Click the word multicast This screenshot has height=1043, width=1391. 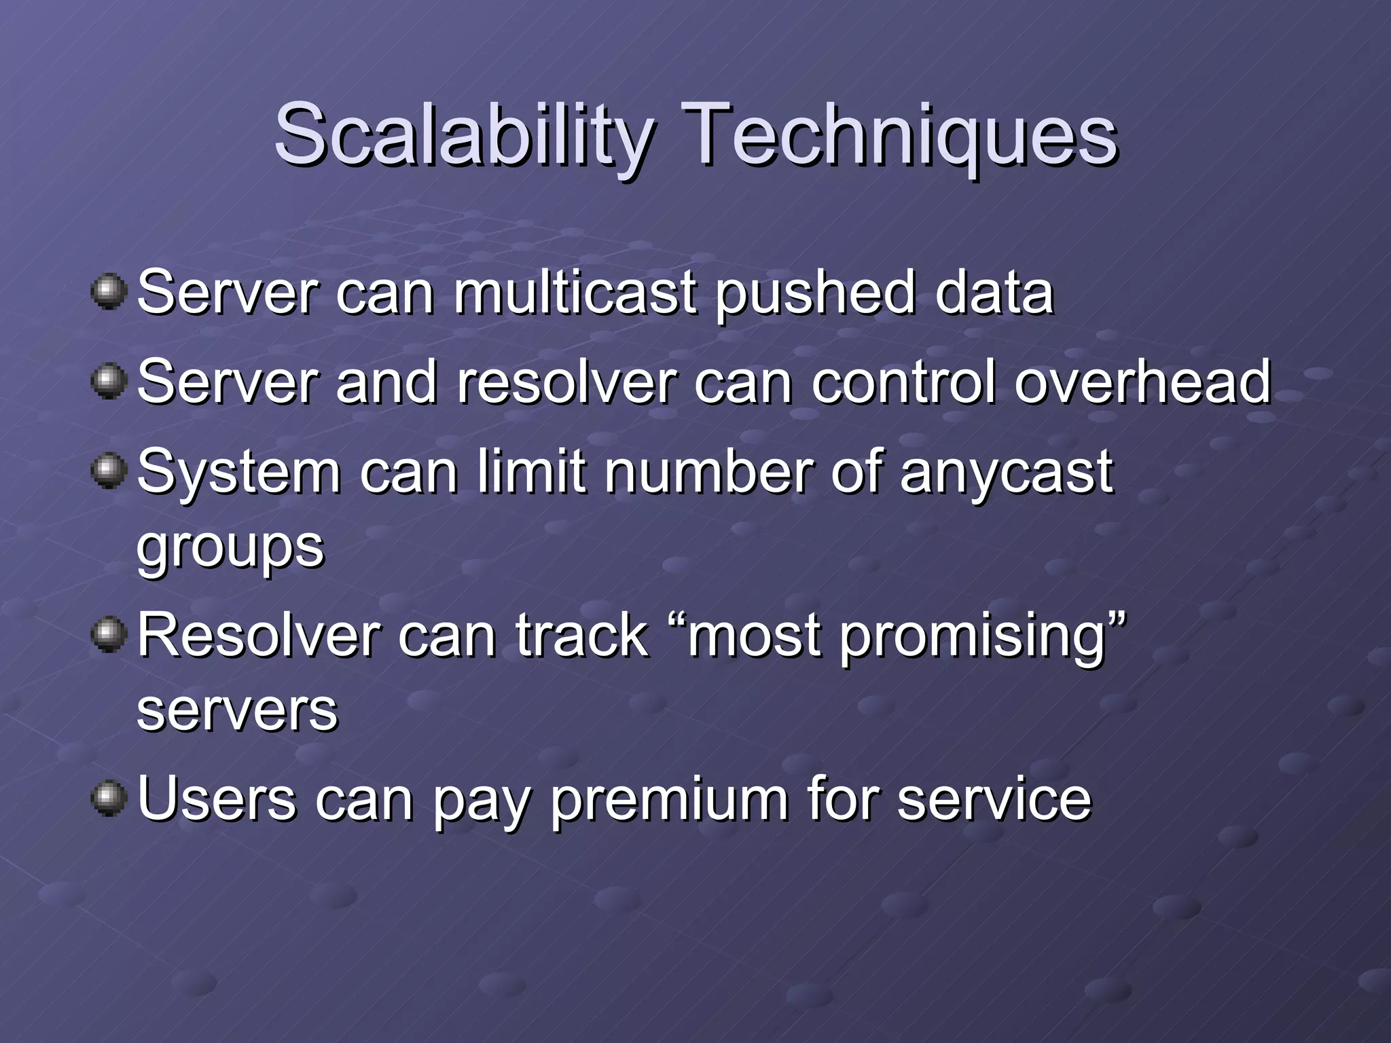(x=575, y=293)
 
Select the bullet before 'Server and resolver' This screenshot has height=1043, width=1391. (x=109, y=382)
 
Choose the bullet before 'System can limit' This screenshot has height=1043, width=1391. (x=109, y=471)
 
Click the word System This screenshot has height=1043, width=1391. (x=238, y=473)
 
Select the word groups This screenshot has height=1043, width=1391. (x=230, y=549)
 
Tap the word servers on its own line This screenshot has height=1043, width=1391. (x=237, y=710)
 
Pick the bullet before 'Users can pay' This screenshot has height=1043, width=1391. (x=109, y=799)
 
